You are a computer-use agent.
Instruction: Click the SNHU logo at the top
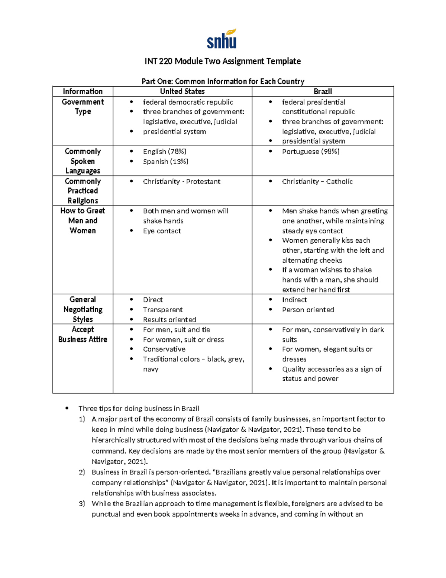[x=222, y=39]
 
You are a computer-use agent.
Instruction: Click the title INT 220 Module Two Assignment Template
[x=223, y=61]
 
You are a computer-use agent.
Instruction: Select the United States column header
[x=182, y=92]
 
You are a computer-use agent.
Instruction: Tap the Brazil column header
[x=323, y=92]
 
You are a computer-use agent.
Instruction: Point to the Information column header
[x=83, y=92]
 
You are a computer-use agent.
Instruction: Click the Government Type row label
[x=83, y=107]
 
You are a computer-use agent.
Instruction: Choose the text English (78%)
[x=165, y=151]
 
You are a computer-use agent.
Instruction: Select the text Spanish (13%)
[x=165, y=162]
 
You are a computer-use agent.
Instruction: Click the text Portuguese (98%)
[x=310, y=151]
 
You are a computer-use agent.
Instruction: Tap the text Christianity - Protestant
[x=181, y=182]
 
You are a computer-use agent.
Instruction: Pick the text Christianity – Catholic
[x=317, y=182]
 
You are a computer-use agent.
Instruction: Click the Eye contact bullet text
[x=162, y=231]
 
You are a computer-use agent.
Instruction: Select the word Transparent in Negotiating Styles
[x=162, y=310]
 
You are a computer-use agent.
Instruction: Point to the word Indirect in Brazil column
[x=294, y=300]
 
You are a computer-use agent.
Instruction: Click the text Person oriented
[x=308, y=310]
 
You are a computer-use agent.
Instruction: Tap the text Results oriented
[x=169, y=320]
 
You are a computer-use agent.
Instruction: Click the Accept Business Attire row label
[x=83, y=335]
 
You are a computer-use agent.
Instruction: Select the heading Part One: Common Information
[x=223, y=82]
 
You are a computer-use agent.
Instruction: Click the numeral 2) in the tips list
[x=82, y=472]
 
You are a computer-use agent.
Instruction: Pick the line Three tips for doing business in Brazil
[x=139, y=409]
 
